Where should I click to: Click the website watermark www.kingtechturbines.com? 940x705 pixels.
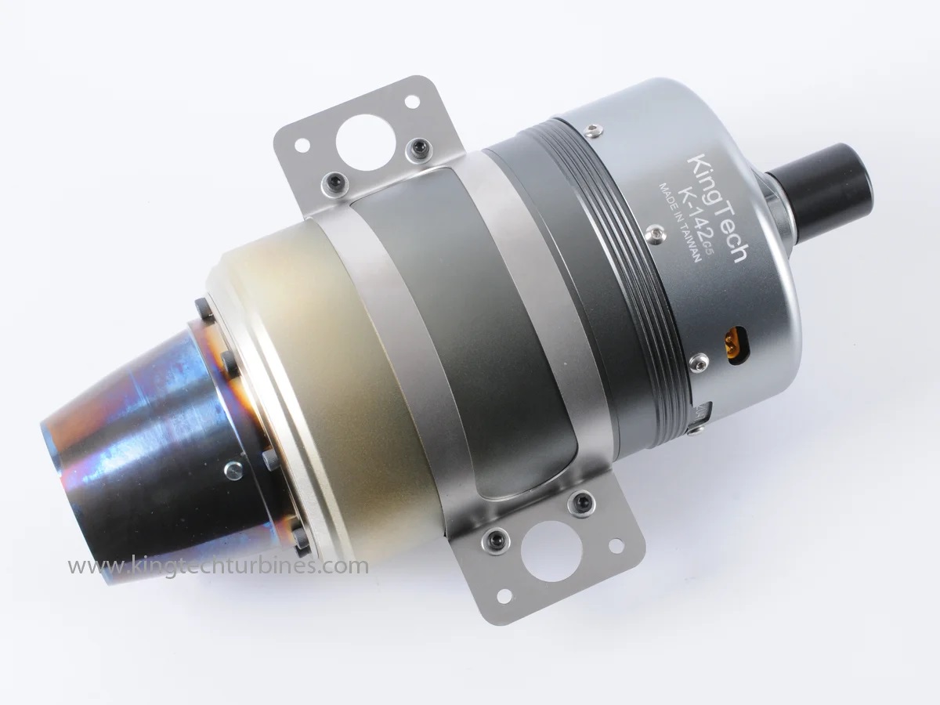pyautogui.click(x=218, y=566)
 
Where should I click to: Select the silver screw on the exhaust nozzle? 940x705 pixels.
pyautogui.click(x=234, y=472)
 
